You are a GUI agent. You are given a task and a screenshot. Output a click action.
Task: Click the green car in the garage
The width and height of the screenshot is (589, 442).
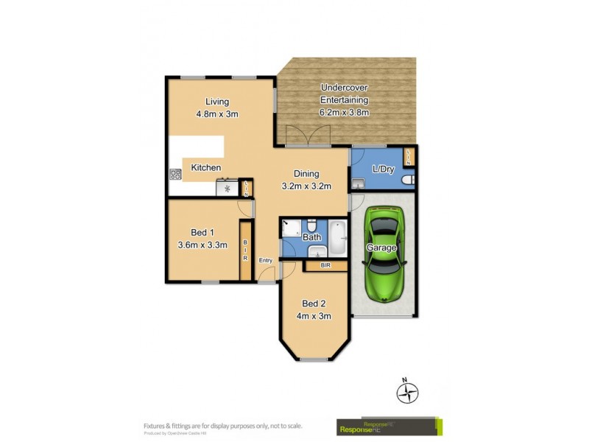[384, 254]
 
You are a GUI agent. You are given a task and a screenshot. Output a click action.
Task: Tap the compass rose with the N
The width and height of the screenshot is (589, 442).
[407, 392]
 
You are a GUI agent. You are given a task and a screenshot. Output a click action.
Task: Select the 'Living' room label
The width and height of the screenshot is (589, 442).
[217, 102]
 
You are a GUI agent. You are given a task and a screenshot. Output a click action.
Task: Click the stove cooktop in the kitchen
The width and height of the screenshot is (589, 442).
[176, 175]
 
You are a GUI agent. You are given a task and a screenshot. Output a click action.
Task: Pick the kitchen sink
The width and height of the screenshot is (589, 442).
[227, 189]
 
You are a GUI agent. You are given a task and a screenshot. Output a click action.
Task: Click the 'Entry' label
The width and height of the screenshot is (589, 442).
[266, 260]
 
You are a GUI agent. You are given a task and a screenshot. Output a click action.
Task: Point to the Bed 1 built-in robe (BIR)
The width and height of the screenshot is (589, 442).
[245, 253]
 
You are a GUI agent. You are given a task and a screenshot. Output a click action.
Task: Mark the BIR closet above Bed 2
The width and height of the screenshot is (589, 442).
[325, 264]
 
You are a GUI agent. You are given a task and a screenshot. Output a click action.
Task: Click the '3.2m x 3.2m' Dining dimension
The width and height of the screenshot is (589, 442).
[307, 186]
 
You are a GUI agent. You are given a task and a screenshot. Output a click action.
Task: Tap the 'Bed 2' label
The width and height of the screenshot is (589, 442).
[313, 304]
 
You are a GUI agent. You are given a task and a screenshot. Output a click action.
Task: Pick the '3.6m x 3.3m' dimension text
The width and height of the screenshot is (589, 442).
[202, 245]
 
